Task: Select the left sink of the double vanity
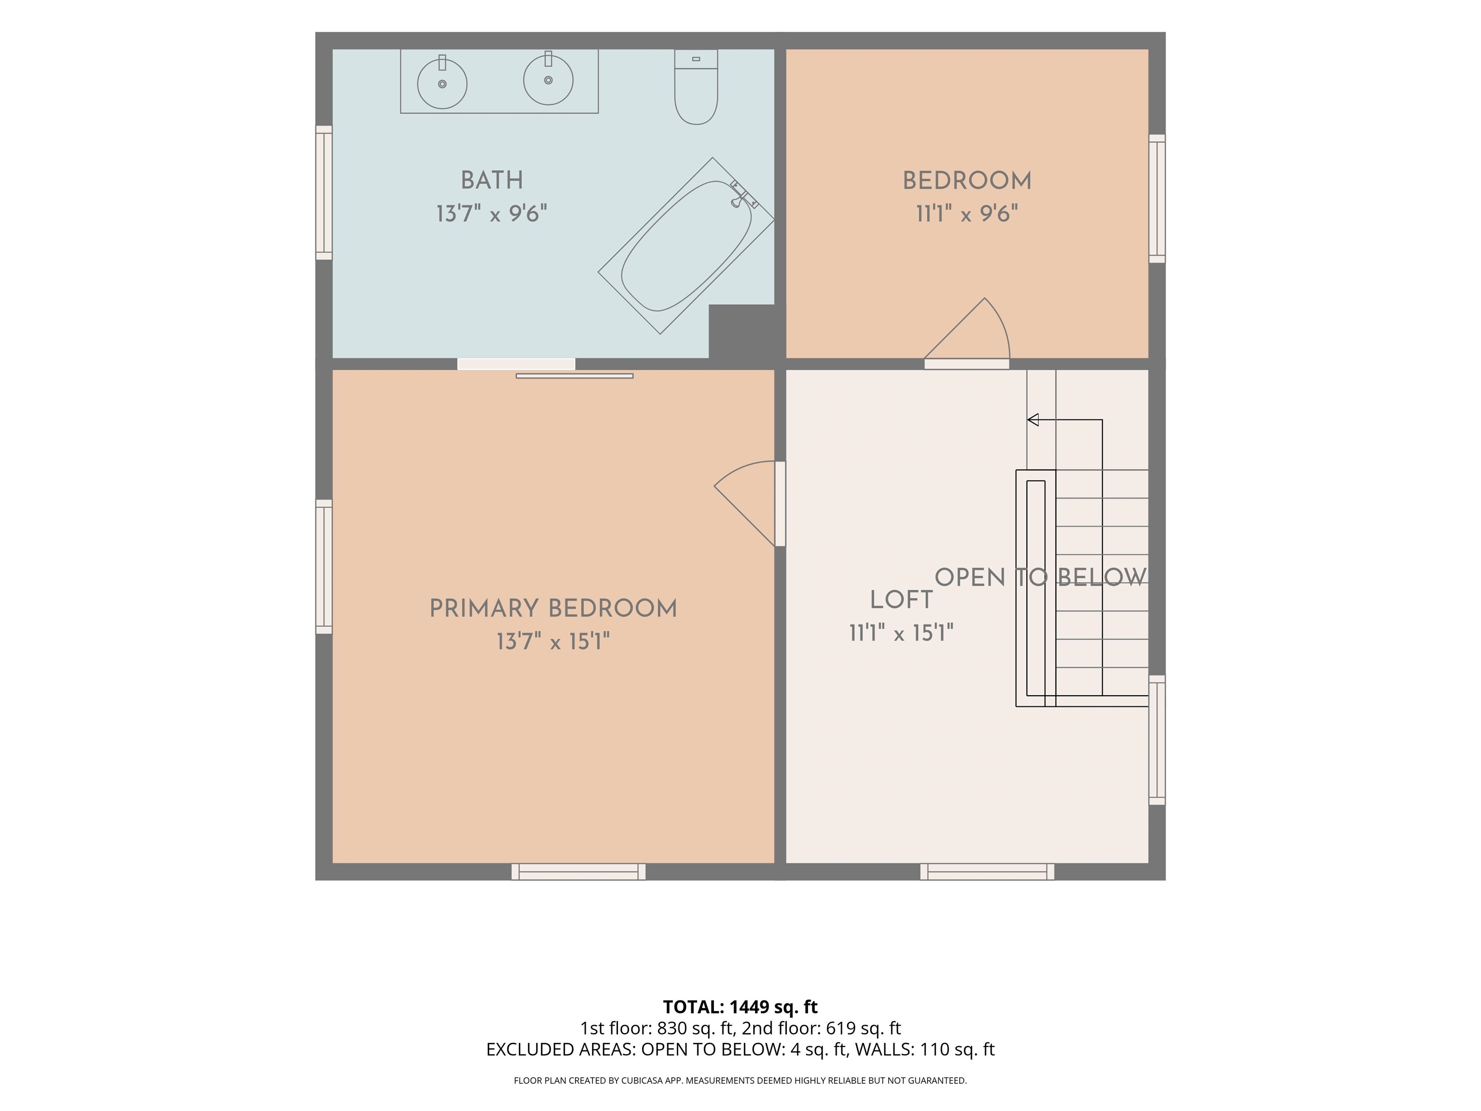pyautogui.click(x=442, y=83)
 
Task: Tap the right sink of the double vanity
pyautogui.click(x=548, y=79)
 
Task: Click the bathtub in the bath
pyautogui.click(x=687, y=246)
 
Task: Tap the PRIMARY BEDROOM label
pyautogui.click(x=553, y=609)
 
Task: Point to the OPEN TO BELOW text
pyautogui.click(x=1040, y=577)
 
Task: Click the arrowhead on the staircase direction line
pyautogui.click(x=1033, y=420)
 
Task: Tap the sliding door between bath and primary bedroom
pyautogui.click(x=545, y=368)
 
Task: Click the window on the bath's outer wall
pyautogui.click(x=324, y=192)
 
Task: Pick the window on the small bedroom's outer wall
pyautogui.click(x=1157, y=199)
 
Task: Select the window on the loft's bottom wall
pyautogui.click(x=987, y=871)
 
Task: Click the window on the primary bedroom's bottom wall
pyautogui.click(x=579, y=871)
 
